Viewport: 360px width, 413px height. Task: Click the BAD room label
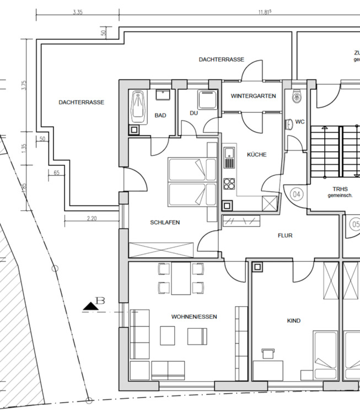(160, 116)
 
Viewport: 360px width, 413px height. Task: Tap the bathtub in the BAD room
(138, 107)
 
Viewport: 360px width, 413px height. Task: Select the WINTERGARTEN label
(254, 96)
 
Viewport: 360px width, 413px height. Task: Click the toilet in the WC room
(297, 97)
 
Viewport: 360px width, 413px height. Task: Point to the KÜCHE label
(257, 155)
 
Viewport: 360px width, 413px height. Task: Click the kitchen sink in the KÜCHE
(229, 158)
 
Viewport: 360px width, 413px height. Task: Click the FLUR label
(285, 236)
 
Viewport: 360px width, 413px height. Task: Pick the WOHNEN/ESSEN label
(194, 317)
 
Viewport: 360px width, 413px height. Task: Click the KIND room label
(294, 320)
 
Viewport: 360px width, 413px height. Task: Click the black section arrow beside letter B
(91, 307)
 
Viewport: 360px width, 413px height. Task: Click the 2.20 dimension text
(92, 219)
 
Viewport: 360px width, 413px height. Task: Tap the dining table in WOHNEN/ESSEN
(181, 279)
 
